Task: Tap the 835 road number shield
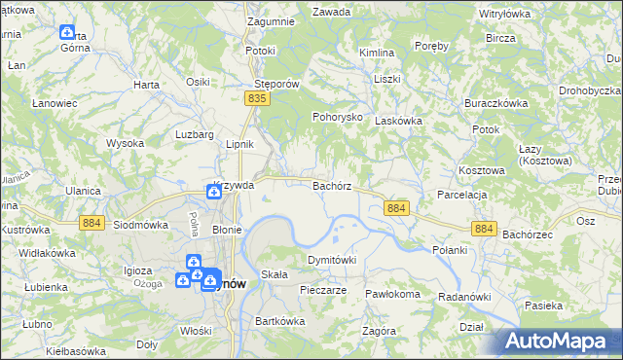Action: click(257, 99)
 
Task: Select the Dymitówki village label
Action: click(332, 261)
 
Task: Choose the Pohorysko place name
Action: click(337, 116)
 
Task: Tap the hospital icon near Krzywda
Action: click(213, 193)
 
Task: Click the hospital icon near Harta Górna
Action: click(67, 33)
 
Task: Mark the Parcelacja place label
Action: click(461, 195)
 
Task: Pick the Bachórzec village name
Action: click(529, 234)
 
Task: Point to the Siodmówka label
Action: click(137, 224)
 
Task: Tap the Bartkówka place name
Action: click(274, 320)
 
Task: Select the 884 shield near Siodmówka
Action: click(91, 223)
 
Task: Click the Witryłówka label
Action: click(503, 14)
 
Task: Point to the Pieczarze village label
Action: click(324, 290)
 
